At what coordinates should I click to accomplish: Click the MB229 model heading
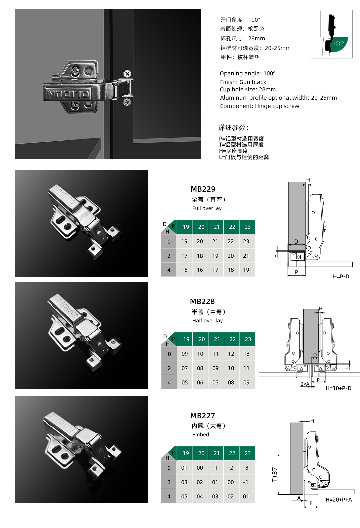click(x=203, y=189)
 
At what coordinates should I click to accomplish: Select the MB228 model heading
click(x=202, y=301)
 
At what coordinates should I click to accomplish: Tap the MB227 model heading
click(x=202, y=416)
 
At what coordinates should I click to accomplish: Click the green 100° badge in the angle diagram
click(x=338, y=44)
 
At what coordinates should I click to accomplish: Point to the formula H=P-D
click(x=341, y=276)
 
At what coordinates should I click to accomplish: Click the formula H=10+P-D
click(x=338, y=388)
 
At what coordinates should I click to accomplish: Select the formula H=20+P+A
click(x=338, y=499)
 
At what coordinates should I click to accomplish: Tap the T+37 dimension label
click(x=275, y=474)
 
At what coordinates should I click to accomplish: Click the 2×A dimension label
click(x=305, y=384)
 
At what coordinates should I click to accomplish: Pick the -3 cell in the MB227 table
click(x=246, y=468)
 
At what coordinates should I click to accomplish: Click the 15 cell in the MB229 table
click(x=184, y=270)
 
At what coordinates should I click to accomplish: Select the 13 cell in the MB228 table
click(x=246, y=354)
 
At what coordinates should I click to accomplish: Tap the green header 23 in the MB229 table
click(x=247, y=227)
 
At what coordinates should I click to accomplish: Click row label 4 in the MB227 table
click(x=169, y=496)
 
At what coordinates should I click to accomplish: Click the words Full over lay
click(x=207, y=208)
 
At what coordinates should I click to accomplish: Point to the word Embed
click(x=200, y=435)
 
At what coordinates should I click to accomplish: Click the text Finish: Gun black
click(x=243, y=82)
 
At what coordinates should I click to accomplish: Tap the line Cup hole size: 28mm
click(x=248, y=89)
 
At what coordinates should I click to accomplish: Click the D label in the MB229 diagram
click(x=296, y=242)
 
